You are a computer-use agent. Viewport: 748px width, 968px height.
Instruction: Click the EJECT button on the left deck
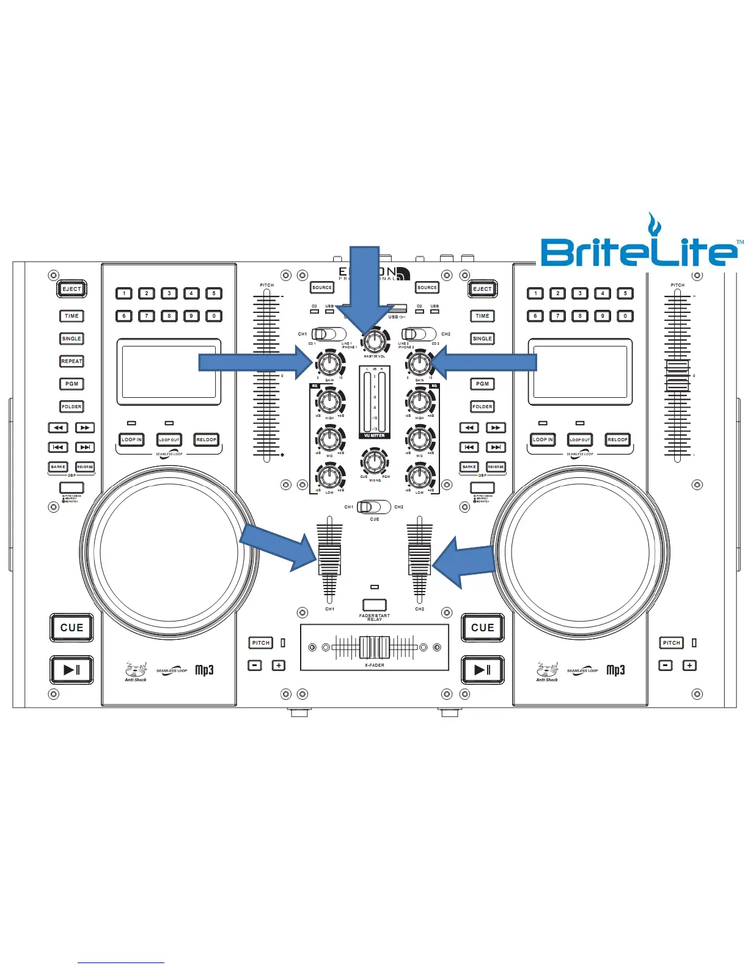coord(71,289)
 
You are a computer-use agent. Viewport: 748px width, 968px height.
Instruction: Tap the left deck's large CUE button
coord(71,628)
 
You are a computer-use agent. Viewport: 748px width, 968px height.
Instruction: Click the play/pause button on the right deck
coord(482,670)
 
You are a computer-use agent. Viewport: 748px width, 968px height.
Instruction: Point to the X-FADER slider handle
coord(375,647)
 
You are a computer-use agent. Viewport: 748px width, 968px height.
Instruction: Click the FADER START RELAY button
coord(375,605)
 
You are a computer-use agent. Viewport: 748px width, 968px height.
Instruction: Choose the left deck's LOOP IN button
coord(131,439)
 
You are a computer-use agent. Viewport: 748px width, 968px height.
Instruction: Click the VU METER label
coord(375,436)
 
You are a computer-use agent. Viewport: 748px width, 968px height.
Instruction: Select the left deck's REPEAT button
coord(71,361)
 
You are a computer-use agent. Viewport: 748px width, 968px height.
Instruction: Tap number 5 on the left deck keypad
coord(214,293)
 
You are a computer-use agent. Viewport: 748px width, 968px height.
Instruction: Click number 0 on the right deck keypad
coord(625,316)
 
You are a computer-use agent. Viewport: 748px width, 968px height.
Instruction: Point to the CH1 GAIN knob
coord(329,364)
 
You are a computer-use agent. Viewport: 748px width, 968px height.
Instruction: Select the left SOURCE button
coord(322,287)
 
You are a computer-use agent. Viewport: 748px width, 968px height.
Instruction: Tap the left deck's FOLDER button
coord(71,406)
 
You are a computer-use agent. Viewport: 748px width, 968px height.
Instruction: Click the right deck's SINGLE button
coord(482,339)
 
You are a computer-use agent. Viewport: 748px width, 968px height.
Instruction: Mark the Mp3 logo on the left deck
coord(205,670)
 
